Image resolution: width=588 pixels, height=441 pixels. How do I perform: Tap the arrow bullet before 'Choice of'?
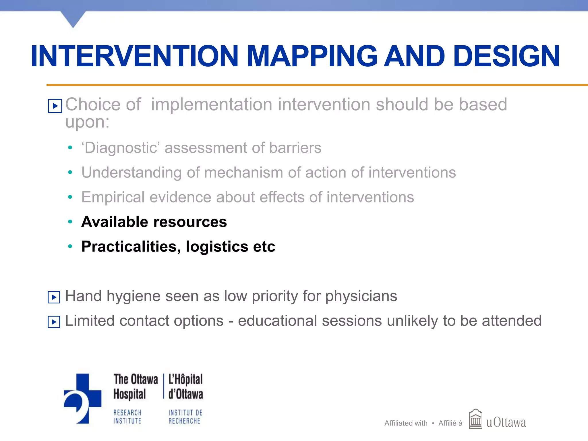pos(55,106)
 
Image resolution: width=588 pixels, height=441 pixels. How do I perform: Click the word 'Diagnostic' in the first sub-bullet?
pos(120,148)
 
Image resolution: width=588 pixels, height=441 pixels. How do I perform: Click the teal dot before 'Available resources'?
pos(70,222)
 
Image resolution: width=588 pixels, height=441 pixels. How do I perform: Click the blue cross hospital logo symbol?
pos(83,399)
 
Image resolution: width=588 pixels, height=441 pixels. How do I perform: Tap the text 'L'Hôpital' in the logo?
pos(185,380)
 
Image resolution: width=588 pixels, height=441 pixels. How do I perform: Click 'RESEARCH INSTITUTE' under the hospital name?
pos(127,417)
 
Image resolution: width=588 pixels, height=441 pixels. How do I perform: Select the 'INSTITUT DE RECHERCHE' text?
pos(185,417)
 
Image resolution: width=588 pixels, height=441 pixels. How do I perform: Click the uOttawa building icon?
pos(475,419)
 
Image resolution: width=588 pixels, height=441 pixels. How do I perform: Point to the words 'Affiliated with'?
pos(406,423)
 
